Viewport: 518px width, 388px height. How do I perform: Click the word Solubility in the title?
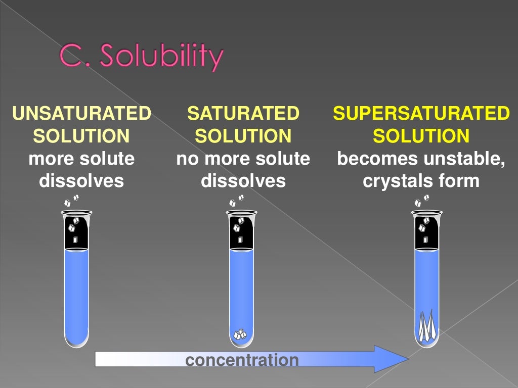click(x=161, y=57)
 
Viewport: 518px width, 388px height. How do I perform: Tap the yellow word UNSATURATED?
click(x=81, y=114)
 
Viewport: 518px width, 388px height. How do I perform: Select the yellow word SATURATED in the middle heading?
click(x=243, y=114)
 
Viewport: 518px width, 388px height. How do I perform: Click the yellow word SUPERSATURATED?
click(x=421, y=114)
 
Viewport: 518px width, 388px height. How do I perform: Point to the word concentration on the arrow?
click(x=242, y=360)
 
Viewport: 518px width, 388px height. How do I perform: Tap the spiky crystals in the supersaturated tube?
click(x=426, y=324)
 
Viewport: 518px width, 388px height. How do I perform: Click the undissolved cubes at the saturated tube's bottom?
click(x=239, y=334)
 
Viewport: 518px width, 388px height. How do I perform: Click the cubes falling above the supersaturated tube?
click(x=421, y=201)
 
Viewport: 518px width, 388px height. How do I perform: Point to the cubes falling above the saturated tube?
click(x=237, y=201)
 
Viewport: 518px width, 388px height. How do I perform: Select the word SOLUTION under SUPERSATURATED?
click(x=421, y=136)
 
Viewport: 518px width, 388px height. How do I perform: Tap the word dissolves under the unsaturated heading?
click(x=81, y=181)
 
